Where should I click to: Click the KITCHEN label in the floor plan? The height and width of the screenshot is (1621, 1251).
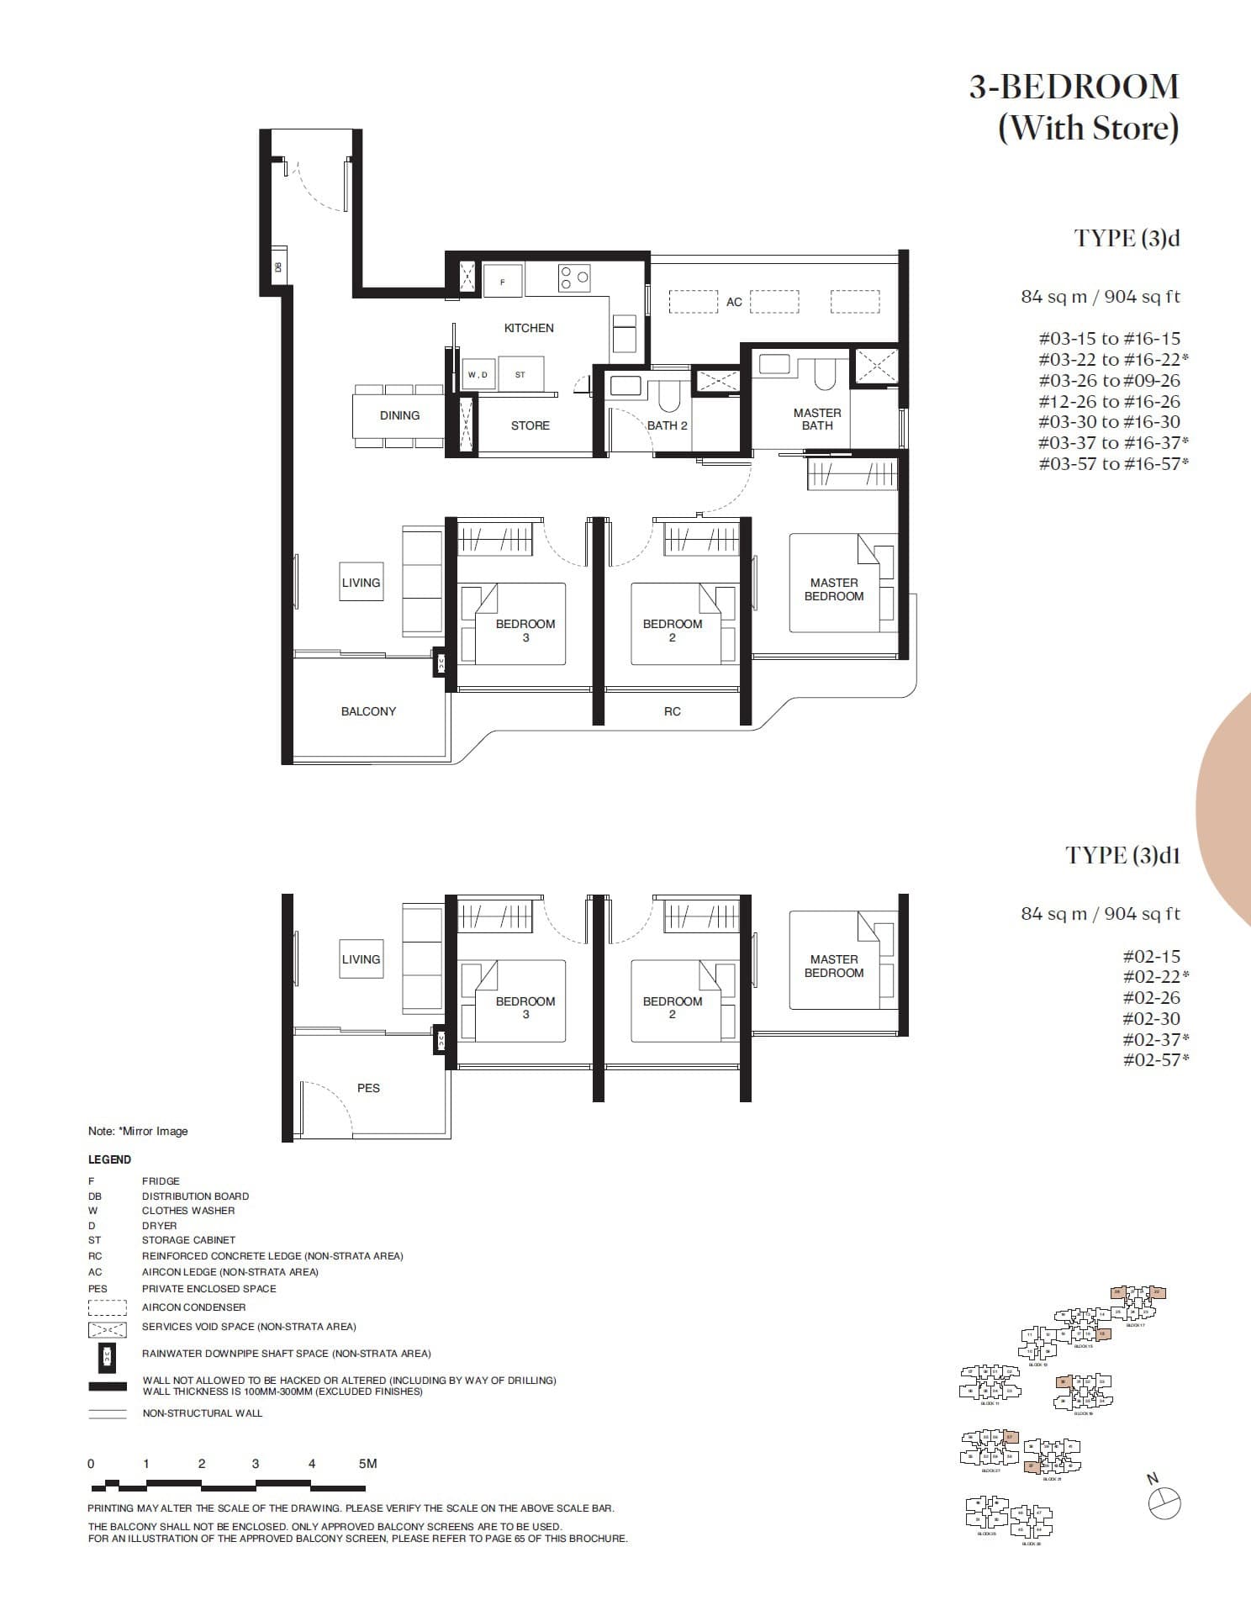click(529, 328)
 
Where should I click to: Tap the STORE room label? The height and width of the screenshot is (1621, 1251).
click(530, 425)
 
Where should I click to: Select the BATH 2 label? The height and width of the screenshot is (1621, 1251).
click(667, 425)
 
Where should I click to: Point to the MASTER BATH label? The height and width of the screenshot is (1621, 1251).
click(816, 419)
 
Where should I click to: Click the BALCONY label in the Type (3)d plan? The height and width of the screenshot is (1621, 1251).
click(368, 711)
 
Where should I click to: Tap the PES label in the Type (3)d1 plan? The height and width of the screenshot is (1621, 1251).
click(368, 1088)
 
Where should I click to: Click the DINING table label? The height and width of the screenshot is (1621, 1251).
click(399, 415)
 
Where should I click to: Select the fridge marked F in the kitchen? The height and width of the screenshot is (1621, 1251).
click(503, 282)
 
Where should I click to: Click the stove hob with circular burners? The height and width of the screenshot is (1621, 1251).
click(574, 278)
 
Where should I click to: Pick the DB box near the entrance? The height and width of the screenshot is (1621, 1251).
click(278, 267)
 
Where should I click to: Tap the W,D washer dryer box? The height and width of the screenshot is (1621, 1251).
click(478, 374)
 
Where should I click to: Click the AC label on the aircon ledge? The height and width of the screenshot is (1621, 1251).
click(734, 302)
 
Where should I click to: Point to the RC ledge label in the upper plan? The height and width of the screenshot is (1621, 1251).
click(672, 711)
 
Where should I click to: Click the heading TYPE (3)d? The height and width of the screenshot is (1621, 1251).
click(1127, 238)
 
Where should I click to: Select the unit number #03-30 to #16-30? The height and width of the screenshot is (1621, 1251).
click(1109, 422)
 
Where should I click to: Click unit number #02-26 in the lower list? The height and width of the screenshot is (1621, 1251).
click(1151, 998)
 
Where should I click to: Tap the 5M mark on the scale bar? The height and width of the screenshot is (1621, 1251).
click(367, 1463)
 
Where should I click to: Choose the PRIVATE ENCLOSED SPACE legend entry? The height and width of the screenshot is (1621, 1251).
click(208, 1288)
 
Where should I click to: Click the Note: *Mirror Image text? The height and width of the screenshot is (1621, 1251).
click(138, 1131)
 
